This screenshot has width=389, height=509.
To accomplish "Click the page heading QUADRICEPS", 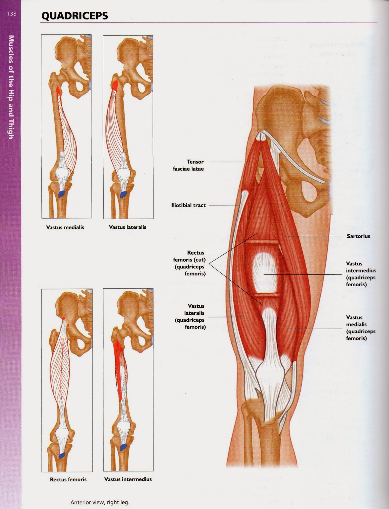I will pos(74,16).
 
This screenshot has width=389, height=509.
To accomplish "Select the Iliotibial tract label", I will pos(188,205).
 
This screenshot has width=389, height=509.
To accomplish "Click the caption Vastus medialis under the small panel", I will pos(65,227).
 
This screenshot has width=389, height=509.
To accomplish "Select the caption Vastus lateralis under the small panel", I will pos(127,227).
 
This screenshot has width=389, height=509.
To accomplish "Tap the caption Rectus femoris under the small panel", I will pos(68,479).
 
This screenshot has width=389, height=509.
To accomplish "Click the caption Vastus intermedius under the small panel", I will pos(128,479).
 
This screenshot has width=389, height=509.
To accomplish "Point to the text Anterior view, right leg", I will pos(100,503).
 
